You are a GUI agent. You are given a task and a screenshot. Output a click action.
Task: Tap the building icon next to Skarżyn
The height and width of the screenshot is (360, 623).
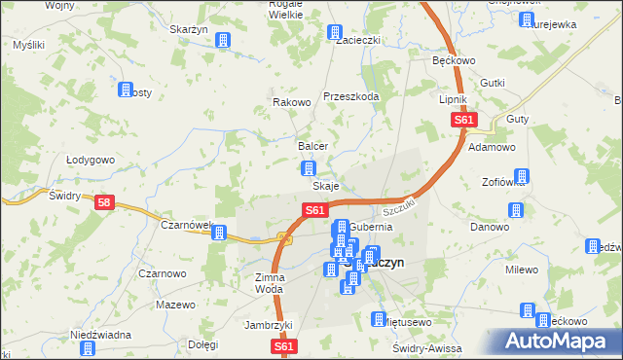point(223,41)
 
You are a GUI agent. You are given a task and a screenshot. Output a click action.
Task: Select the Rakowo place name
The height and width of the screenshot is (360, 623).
point(291,102)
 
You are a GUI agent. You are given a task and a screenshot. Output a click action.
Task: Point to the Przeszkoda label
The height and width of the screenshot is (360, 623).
point(350,95)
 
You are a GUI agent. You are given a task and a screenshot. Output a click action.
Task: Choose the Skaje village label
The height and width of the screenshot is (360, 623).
point(325,186)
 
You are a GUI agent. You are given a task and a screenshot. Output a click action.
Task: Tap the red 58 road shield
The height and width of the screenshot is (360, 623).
point(104,202)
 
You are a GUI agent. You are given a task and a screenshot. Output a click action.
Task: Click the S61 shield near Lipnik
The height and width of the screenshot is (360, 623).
point(463,121)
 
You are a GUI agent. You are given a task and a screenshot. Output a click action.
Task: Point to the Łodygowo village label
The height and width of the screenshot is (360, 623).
point(91,160)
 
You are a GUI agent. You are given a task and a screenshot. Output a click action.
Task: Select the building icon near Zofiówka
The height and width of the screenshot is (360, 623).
point(522,177)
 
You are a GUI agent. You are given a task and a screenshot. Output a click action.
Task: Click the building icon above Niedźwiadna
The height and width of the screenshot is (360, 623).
point(88,347)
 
